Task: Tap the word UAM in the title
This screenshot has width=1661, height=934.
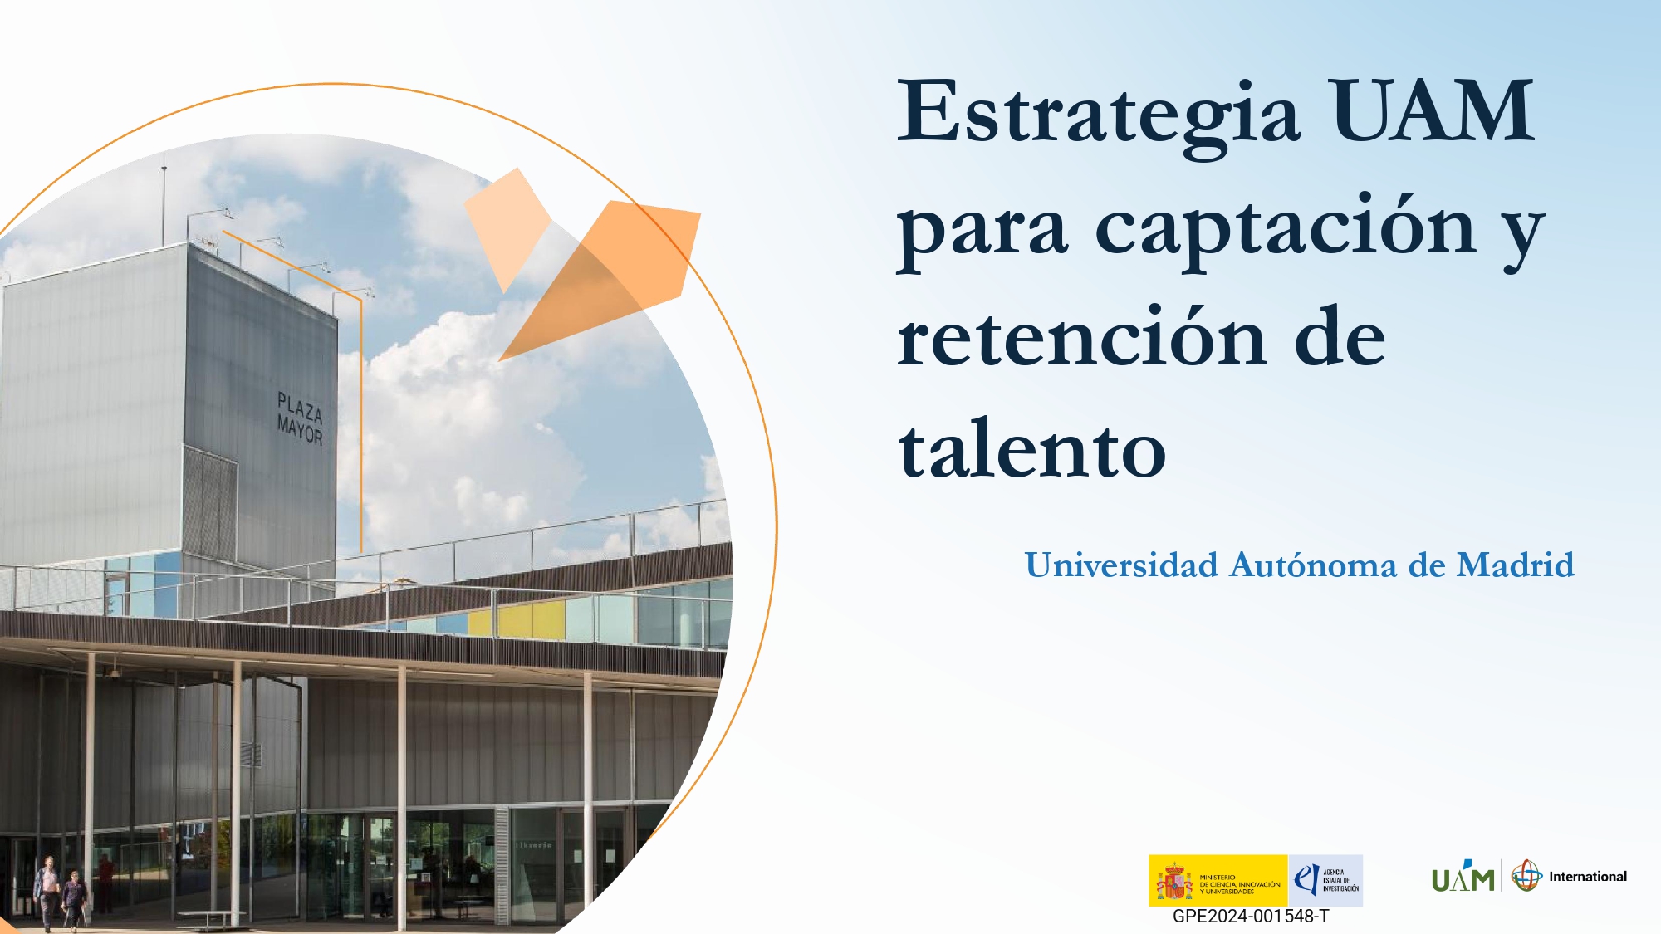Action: [x=1433, y=112]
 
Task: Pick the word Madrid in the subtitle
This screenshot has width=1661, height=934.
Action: [x=1515, y=565]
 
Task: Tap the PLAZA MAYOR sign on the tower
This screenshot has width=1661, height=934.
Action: [x=299, y=419]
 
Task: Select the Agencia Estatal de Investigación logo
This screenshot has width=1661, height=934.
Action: [x=1325, y=880]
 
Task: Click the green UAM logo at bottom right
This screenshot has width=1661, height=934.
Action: [x=1463, y=878]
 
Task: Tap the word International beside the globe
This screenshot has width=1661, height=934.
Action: [x=1587, y=877]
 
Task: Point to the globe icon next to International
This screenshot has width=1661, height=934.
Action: [x=1526, y=876]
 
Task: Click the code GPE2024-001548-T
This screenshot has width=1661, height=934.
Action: [x=1250, y=917]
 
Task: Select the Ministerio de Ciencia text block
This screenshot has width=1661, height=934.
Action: [x=1239, y=884]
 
